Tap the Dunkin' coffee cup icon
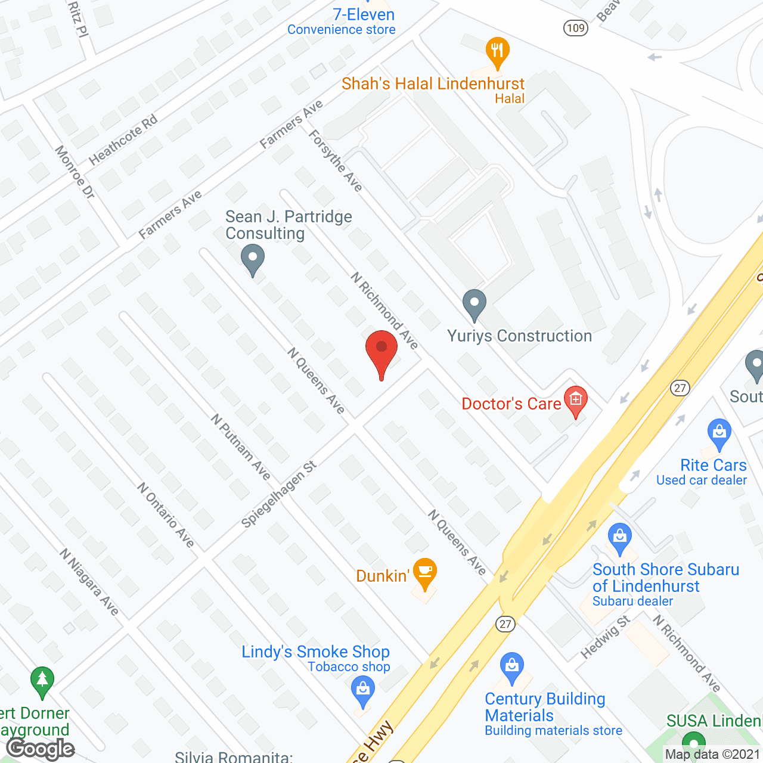(x=424, y=573)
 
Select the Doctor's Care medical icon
(x=576, y=400)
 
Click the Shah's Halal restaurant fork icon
(x=497, y=51)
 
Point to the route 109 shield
(x=576, y=28)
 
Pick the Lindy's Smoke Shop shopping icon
(x=363, y=691)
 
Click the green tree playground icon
(x=42, y=680)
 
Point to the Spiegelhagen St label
(x=278, y=495)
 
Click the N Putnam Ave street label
(x=241, y=447)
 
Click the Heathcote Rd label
(x=123, y=139)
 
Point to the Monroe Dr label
(x=75, y=172)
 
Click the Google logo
(x=41, y=749)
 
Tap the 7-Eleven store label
(x=364, y=15)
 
